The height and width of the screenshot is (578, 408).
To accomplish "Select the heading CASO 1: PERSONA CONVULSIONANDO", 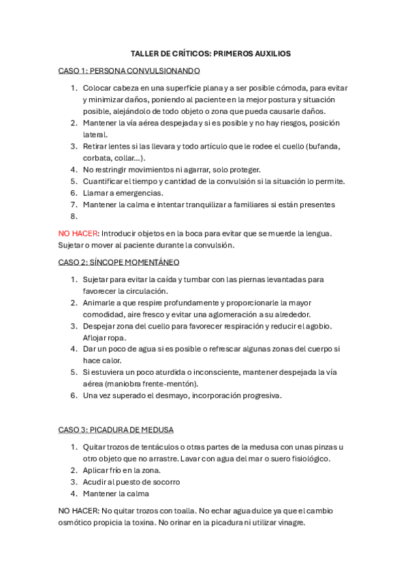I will tap(129, 70).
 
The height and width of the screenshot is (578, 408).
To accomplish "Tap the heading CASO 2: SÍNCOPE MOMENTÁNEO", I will tap(119, 262).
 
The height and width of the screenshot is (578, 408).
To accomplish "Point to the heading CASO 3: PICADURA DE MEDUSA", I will tap(116, 429).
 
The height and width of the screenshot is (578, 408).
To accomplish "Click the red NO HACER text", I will tap(78, 233).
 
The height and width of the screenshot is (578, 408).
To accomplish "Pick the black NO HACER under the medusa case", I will tap(78, 511).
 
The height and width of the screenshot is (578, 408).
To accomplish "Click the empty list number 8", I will tap(74, 216).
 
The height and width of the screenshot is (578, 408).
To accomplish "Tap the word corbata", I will tap(97, 158).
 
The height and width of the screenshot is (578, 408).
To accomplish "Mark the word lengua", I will tap(315, 233).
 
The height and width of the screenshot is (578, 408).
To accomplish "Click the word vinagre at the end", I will tap(288, 523).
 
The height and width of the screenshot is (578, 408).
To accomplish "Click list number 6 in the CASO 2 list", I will tap(74, 395).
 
